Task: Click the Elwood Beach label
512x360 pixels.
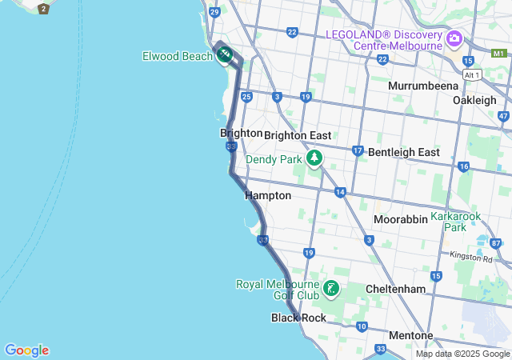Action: coord(177,55)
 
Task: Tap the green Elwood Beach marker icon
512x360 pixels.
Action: coord(225,54)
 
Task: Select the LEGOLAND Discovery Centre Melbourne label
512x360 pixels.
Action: coord(383,39)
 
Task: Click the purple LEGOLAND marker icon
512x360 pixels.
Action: coord(454,38)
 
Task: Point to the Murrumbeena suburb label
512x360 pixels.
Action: coord(423,86)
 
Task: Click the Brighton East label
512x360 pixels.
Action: coord(298,135)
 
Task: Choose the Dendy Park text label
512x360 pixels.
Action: coord(274,159)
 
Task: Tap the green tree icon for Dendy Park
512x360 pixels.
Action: coord(314,158)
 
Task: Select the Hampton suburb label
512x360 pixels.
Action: coord(268,195)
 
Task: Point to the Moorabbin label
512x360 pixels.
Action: coord(400,218)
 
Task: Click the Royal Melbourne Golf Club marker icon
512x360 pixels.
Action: coord(330,288)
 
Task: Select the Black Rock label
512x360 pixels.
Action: coord(298,318)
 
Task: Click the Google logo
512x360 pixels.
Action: coord(26,350)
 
